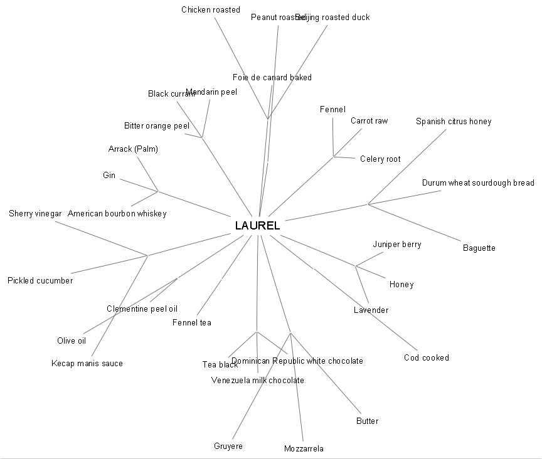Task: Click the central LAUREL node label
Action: tap(257, 226)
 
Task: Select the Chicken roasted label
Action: tap(211, 9)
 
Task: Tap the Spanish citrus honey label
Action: tap(454, 121)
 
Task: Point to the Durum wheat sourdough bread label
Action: tap(478, 183)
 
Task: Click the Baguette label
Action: tap(479, 248)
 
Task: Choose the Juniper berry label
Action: tap(397, 244)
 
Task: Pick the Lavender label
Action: tap(371, 310)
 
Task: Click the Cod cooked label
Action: tap(427, 357)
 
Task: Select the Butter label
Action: tap(367, 421)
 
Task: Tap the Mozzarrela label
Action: tap(304, 448)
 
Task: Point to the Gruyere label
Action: tap(228, 446)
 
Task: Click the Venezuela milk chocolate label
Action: tap(258, 380)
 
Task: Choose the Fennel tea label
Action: tap(192, 322)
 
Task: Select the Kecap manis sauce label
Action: tap(87, 363)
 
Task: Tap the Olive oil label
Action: tap(72, 340)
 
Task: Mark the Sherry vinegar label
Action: tap(35, 213)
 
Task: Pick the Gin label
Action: tap(109, 175)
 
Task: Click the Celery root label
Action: tap(380, 159)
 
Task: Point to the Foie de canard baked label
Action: tap(272, 77)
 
